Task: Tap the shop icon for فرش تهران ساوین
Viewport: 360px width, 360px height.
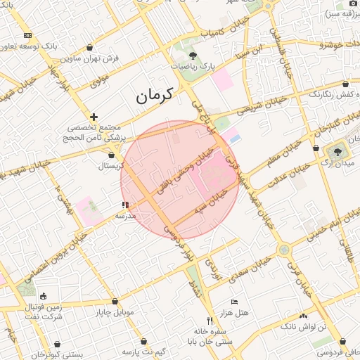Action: tap(90, 48)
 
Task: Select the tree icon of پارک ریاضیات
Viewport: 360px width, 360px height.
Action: tap(193, 55)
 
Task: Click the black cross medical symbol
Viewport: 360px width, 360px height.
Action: tap(94, 117)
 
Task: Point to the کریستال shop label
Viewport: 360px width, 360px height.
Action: tap(112, 166)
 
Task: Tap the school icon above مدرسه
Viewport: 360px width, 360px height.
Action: tap(125, 205)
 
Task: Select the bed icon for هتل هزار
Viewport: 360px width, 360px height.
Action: tap(234, 302)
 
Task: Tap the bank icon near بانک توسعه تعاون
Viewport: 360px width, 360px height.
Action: tap(27, 35)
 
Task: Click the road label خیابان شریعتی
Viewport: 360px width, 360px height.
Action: tap(262, 105)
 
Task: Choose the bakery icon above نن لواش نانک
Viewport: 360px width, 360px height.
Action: tap(303, 316)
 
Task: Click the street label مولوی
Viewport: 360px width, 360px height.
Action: tap(99, 81)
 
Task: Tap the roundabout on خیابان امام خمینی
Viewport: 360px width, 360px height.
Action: tap(283, 249)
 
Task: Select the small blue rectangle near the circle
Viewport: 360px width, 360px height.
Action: tap(234, 139)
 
